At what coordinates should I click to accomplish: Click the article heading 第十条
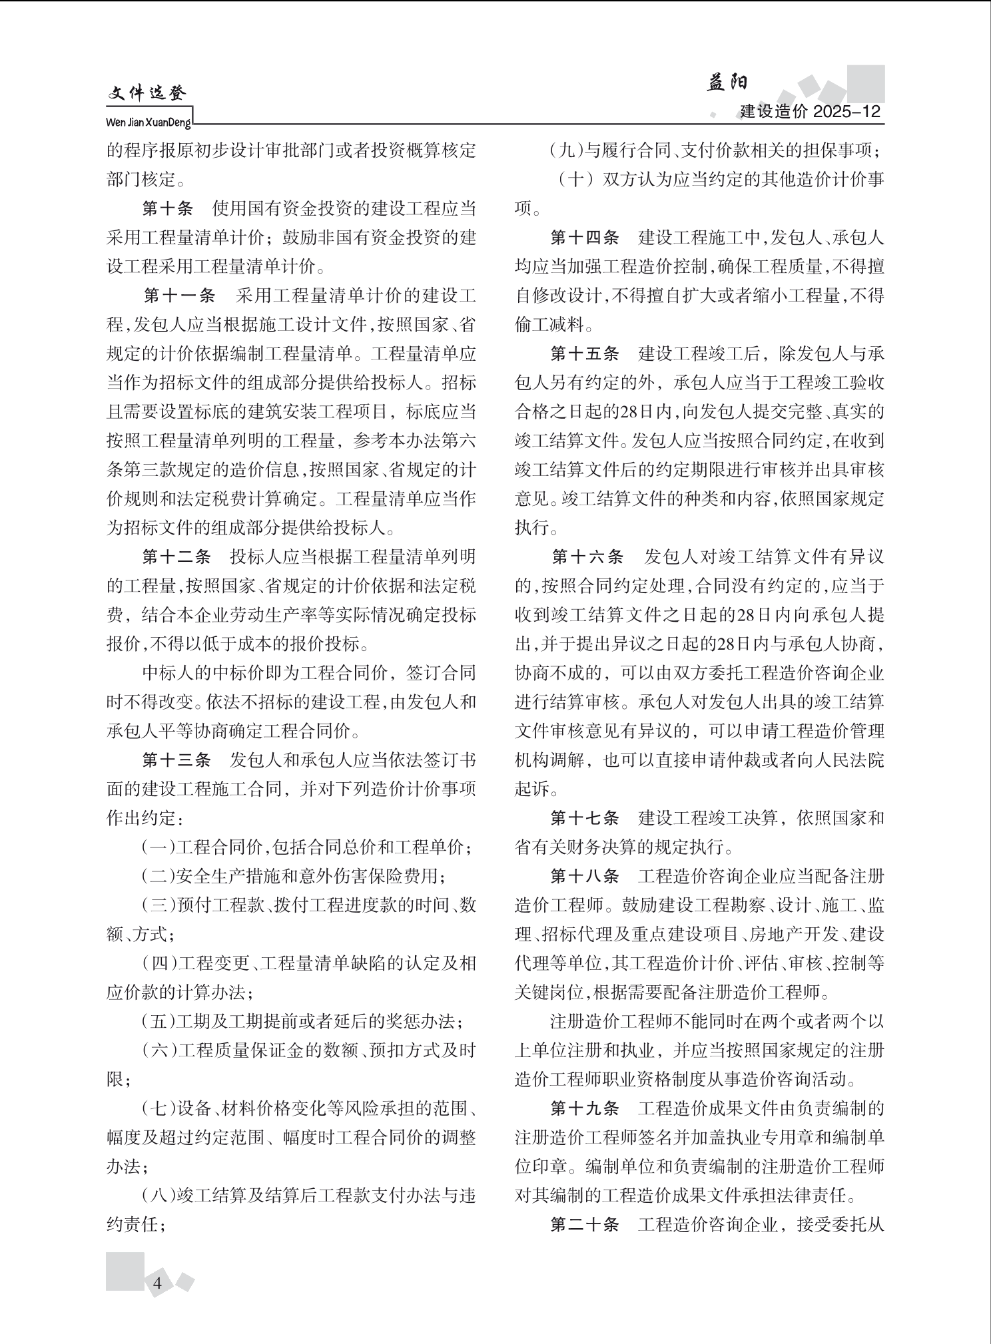(x=167, y=209)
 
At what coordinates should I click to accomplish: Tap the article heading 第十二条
(x=176, y=557)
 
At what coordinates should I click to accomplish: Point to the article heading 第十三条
(x=176, y=760)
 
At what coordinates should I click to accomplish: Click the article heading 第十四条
(x=584, y=238)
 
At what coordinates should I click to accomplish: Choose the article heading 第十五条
(x=584, y=353)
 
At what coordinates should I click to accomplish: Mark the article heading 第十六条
(x=587, y=557)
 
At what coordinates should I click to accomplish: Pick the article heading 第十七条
(x=584, y=818)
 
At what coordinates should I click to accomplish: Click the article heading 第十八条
(x=584, y=876)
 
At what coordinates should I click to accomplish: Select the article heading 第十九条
(x=584, y=1108)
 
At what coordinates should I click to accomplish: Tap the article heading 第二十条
(x=584, y=1224)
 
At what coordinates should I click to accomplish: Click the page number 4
(x=158, y=1283)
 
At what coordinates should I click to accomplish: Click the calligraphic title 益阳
(x=727, y=83)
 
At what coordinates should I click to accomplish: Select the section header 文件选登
(x=147, y=94)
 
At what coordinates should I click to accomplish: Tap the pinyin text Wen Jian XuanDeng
(x=149, y=122)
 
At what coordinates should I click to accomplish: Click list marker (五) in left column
(x=158, y=1021)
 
